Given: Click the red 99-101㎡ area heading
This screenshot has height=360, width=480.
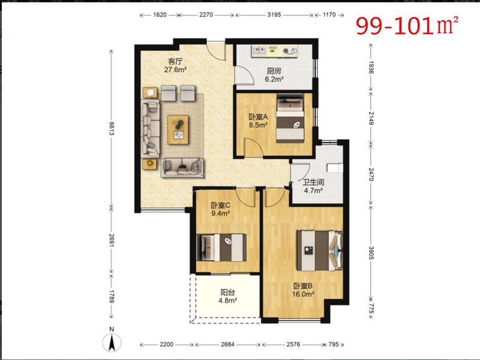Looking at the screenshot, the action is click(x=407, y=26).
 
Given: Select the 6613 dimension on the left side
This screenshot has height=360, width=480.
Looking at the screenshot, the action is click(x=112, y=128).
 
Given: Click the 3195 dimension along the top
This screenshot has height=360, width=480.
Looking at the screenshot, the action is click(x=274, y=14).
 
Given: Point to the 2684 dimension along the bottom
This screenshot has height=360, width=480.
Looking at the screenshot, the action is click(x=228, y=344).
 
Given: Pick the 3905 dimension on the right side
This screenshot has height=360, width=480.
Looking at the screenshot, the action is click(x=371, y=253).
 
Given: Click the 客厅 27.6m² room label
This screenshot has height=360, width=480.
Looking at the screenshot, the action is click(x=175, y=65).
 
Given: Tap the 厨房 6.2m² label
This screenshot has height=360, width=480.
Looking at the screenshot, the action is click(x=274, y=75).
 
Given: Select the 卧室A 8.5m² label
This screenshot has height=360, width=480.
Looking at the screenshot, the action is click(x=258, y=121).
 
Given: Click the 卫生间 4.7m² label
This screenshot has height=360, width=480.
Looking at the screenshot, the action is click(x=313, y=187).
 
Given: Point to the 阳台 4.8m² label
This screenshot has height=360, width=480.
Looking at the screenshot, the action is click(x=228, y=296).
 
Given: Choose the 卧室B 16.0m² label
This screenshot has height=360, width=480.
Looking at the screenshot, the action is click(x=303, y=290).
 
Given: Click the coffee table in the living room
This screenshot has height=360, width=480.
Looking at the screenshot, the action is click(x=178, y=130).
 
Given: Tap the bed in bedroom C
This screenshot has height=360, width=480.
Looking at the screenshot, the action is click(x=221, y=247).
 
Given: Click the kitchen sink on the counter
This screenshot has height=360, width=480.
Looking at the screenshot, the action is click(x=259, y=50).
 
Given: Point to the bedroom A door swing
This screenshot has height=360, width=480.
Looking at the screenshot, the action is click(x=253, y=148).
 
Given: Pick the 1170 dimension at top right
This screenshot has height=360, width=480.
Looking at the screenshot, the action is click(x=329, y=14).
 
